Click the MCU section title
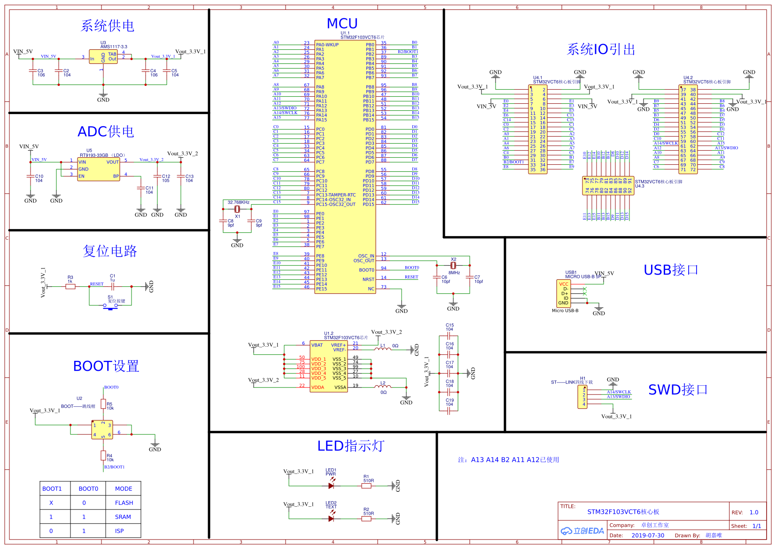click(342, 23)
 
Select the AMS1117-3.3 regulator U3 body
click(103, 57)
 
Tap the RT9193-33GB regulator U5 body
click(99, 169)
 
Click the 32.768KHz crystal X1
click(238, 209)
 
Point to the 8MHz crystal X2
click(453, 266)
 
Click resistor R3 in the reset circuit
click(70, 286)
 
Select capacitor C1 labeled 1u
click(113, 286)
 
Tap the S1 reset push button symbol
click(110, 306)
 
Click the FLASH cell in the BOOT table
click(124, 503)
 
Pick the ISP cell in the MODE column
click(119, 531)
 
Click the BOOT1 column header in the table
click(52, 488)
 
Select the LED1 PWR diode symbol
click(331, 486)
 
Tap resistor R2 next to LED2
click(366, 518)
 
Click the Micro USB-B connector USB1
click(564, 293)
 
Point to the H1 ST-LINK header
click(582, 397)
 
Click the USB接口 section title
click(671, 270)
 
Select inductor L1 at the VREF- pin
click(382, 349)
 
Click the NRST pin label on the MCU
click(368, 279)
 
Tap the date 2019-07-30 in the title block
click(648, 535)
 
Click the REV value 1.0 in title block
click(754, 512)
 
